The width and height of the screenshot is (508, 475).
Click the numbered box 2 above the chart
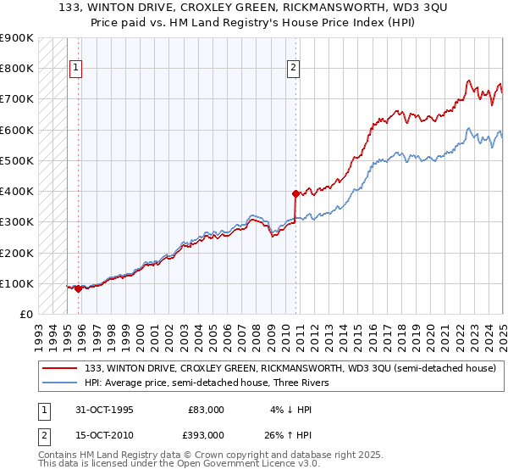pyautogui.click(x=293, y=70)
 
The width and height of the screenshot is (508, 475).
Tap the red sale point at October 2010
pyautogui.click(x=295, y=193)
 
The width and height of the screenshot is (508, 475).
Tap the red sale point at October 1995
pyautogui.click(x=79, y=288)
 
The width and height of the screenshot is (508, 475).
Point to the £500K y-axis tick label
pyautogui.click(x=18, y=160)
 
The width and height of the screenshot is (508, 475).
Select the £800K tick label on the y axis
pyautogui.click(x=18, y=68)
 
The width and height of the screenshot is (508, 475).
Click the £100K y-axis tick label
pyautogui.click(x=18, y=283)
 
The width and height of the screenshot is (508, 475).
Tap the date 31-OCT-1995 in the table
pyautogui.click(x=105, y=410)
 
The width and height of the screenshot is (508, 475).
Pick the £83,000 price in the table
pyautogui.click(x=206, y=410)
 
